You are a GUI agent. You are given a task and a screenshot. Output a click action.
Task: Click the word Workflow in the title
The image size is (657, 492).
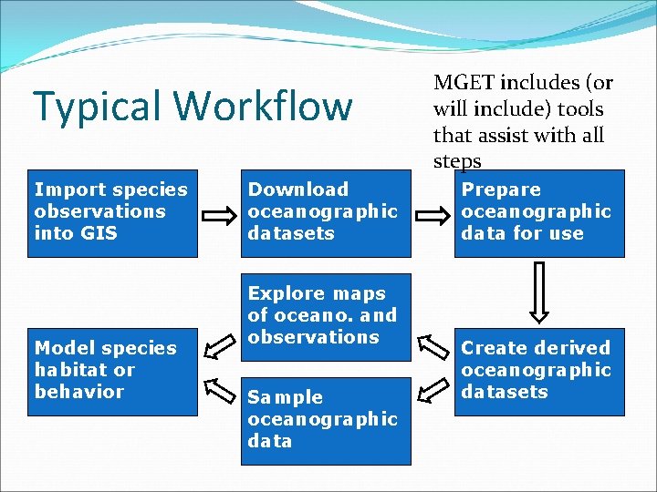264,106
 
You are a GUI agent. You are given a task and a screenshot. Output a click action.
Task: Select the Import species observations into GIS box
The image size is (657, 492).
112,212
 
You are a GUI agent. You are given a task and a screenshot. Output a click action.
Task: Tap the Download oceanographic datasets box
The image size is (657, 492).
325,212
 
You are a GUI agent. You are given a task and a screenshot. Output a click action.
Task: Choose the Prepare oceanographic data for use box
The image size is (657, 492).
539,212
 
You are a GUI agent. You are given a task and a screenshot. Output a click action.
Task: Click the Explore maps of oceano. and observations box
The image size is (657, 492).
325,316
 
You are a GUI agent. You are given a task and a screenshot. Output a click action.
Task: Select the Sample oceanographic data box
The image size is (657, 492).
325,420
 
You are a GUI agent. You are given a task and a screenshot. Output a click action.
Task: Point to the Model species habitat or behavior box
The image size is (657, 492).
112,371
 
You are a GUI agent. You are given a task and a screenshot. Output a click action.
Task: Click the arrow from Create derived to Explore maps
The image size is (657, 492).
433,348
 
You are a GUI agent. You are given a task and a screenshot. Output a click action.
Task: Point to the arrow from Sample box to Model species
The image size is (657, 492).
219,389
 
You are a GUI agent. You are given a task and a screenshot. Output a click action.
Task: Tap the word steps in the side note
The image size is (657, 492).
456,161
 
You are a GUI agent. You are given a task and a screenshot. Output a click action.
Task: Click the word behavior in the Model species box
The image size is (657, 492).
79,392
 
